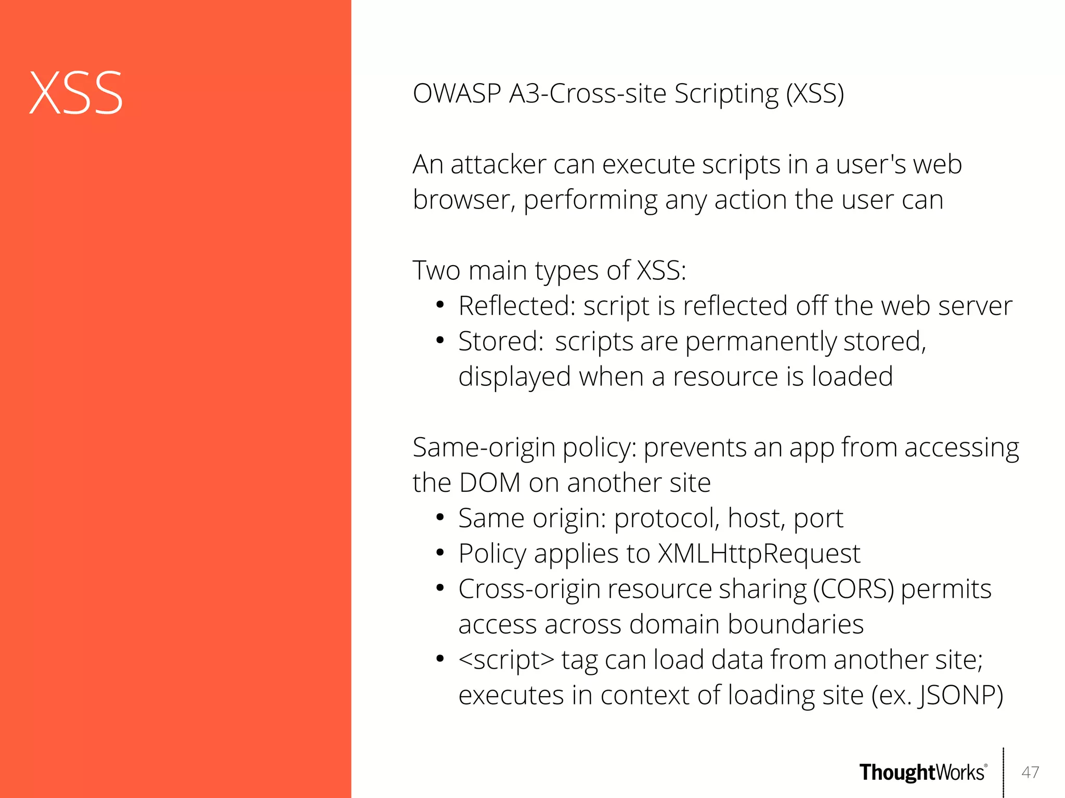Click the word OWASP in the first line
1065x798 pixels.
point(457,94)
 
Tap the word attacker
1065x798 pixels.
point(498,165)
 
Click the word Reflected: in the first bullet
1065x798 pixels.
point(517,306)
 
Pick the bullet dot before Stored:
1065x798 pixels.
point(440,341)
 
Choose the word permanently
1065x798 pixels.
point(760,342)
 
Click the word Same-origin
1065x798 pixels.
point(484,448)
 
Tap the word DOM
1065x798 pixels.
point(490,483)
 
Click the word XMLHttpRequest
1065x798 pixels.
point(759,554)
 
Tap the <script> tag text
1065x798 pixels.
point(506,660)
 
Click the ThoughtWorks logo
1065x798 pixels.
point(923,773)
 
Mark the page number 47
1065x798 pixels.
point(1030,773)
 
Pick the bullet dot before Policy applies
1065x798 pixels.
point(440,553)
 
